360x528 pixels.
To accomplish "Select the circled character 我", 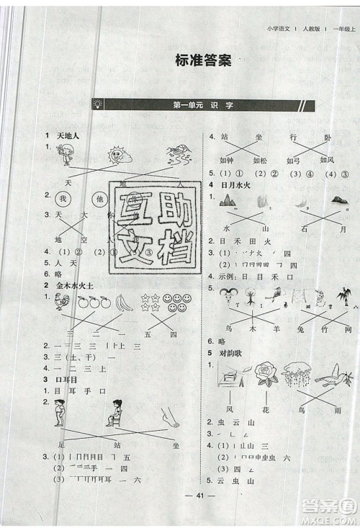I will click(63, 199).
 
